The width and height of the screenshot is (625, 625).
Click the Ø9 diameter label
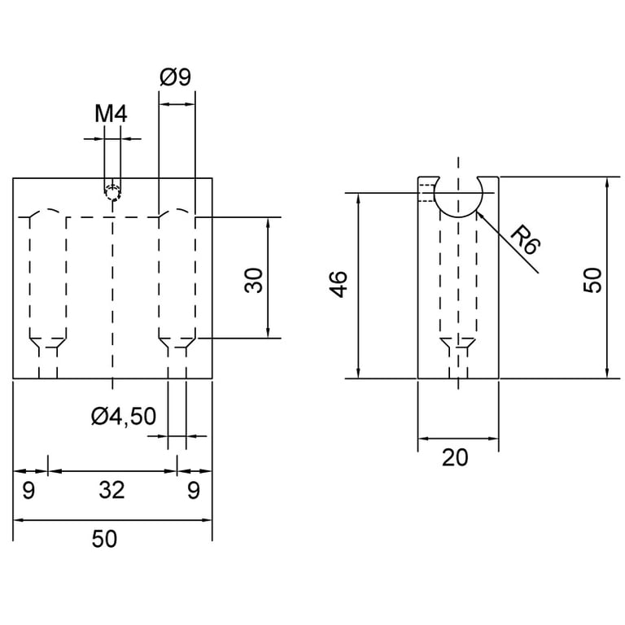tap(176, 76)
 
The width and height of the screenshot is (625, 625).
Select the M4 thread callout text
tap(111, 114)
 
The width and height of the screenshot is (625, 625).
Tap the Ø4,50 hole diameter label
tap(124, 416)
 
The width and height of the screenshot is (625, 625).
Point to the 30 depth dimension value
tap(254, 281)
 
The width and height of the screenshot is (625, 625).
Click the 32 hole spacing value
tap(112, 490)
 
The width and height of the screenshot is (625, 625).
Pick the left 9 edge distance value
tap(28, 490)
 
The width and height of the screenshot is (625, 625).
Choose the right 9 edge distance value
tap(194, 490)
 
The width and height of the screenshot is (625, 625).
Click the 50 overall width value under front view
tap(104, 539)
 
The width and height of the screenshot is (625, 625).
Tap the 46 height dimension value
tap(339, 284)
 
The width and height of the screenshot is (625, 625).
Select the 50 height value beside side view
tap(592, 281)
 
